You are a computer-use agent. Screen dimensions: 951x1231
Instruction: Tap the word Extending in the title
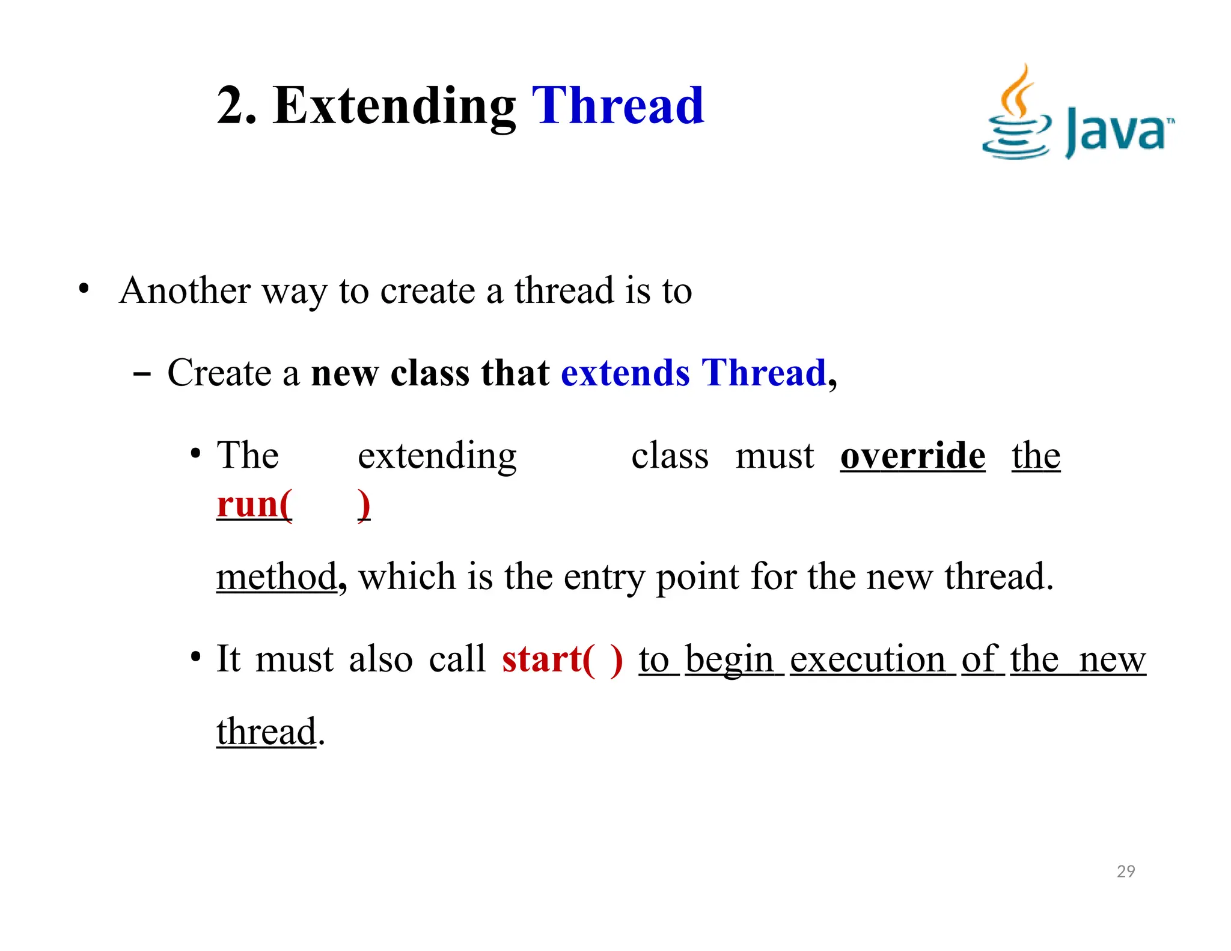394,107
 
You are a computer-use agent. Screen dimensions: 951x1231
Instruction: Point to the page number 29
1126,871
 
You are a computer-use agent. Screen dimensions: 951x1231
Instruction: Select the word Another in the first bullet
185,291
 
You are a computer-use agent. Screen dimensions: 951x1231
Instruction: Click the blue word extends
625,373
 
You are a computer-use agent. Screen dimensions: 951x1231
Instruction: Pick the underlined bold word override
912,456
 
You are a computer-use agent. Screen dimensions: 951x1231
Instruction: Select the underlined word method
276,576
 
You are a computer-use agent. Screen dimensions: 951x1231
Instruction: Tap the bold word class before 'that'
430,373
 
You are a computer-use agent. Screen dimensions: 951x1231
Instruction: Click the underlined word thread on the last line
266,732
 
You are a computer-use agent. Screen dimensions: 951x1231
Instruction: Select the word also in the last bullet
380,659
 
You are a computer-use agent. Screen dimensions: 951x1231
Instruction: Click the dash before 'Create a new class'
141,374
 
